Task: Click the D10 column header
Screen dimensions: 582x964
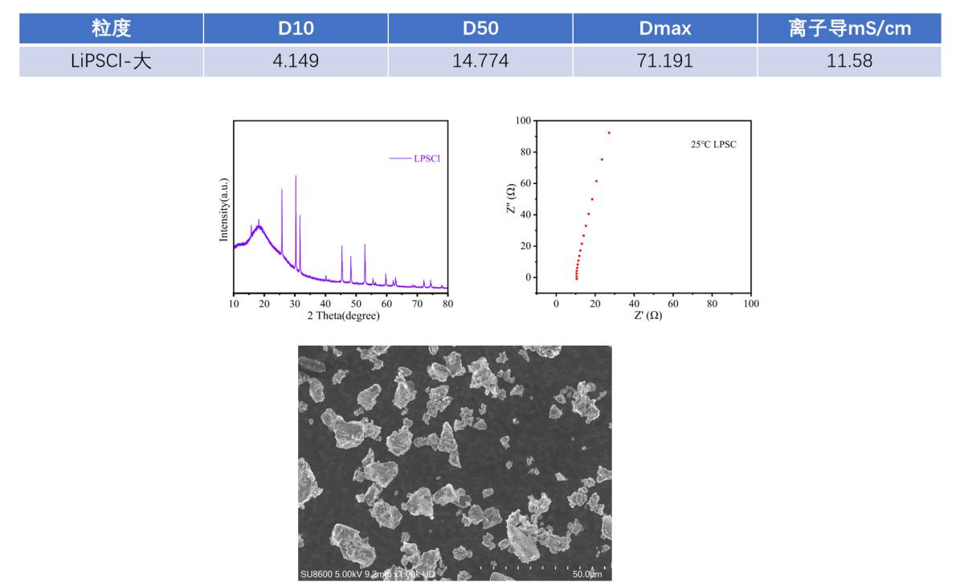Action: tap(296, 29)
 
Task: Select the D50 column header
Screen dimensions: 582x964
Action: tap(480, 29)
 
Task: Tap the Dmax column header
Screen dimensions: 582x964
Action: tap(664, 29)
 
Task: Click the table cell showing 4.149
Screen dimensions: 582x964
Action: tap(296, 61)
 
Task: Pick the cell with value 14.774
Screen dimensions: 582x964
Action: tap(480, 61)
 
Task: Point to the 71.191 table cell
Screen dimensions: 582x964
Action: tap(664, 61)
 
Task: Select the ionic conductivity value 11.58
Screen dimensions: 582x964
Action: tap(849, 61)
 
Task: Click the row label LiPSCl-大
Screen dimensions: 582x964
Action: tap(111, 61)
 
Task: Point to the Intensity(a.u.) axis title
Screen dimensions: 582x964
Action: tap(224, 210)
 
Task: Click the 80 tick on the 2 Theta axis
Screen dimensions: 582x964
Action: tap(447, 304)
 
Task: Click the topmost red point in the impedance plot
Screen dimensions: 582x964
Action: tap(609, 133)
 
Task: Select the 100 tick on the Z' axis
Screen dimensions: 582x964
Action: tap(750, 304)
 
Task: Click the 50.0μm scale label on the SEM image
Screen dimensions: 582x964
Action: tap(586, 574)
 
